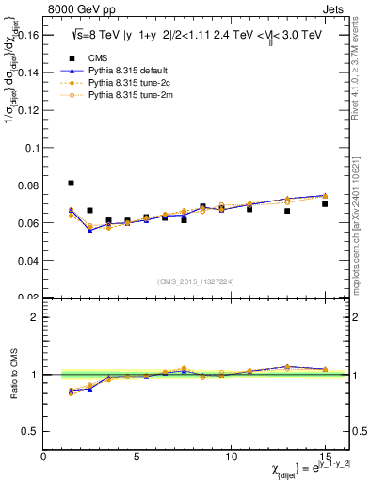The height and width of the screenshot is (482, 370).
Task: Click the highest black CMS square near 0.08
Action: (x=71, y=184)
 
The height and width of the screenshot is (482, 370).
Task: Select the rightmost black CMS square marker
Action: (x=325, y=204)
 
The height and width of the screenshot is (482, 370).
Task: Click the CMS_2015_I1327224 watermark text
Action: (x=196, y=281)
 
